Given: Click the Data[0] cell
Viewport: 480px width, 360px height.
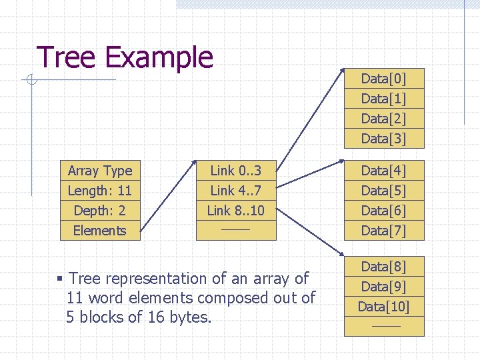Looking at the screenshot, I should click(x=383, y=79).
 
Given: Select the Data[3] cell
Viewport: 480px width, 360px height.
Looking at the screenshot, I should click(x=383, y=139).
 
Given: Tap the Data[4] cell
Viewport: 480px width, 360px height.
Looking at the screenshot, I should click(x=383, y=171).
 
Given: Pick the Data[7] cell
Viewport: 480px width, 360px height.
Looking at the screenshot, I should click(x=383, y=231).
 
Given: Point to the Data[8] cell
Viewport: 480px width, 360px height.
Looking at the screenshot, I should click(x=383, y=267).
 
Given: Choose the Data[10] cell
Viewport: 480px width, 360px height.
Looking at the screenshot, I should click(x=383, y=307).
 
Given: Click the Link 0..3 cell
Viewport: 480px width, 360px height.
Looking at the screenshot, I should click(x=235, y=171).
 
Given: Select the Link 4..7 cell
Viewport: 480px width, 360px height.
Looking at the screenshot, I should click(x=235, y=191).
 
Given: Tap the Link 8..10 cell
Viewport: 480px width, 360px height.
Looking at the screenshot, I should click(x=235, y=211).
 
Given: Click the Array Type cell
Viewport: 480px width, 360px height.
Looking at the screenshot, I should click(x=100, y=171).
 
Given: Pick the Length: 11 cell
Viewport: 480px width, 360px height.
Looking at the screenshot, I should click(x=100, y=191).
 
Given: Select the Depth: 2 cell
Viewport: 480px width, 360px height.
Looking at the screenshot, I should click(x=100, y=211).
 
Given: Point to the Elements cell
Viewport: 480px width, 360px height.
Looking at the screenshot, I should click(x=100, y=231).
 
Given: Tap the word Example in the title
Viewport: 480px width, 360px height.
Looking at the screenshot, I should click(x=159, y=59).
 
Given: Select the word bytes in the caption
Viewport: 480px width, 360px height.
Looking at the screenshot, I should click(x=189, y=317).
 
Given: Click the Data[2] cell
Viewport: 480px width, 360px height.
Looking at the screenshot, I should click(x=383, y=119).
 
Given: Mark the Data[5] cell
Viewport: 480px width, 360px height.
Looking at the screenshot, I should click(x=383, y=191).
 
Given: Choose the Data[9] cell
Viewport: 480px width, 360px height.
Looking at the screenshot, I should click(x=383, y=287).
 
